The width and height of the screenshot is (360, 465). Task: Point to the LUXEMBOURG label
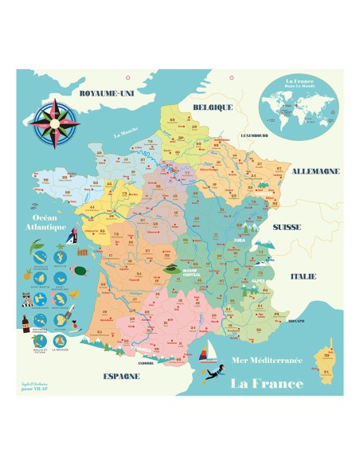pos(250,135)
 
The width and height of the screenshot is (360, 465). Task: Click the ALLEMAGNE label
pos(316,171)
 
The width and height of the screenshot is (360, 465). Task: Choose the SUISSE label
pos(286,227)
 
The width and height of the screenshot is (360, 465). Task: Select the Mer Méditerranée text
pos(264,361)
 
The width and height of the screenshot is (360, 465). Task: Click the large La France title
pos(267,383)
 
